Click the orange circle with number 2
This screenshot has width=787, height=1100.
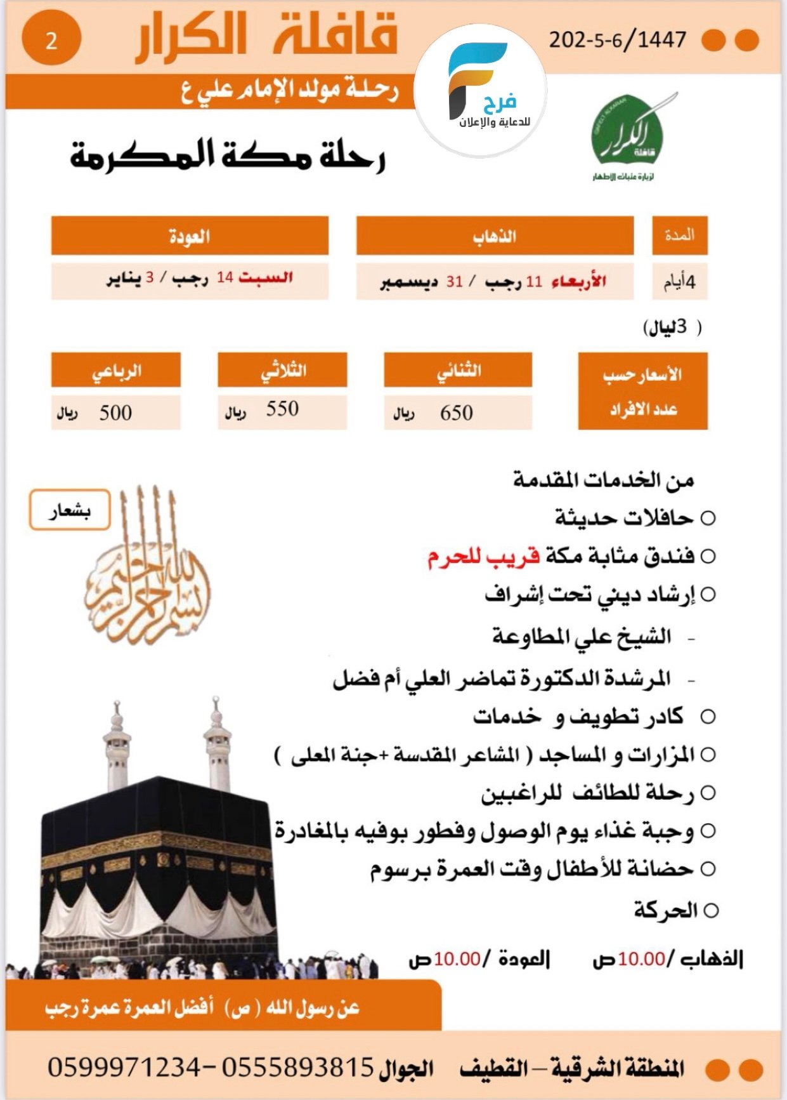(51, 40)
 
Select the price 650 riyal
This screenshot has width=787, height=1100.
(457, 413)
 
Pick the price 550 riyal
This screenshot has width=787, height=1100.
(282, 409)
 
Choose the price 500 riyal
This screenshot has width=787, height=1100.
(115, 413)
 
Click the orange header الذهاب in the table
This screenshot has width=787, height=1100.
(495, 236)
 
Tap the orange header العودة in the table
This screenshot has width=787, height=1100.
(190, 236)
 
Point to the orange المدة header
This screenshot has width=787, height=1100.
(679, 235)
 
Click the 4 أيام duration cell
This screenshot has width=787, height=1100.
(679, 281)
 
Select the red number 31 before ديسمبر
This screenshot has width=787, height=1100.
(454, 281)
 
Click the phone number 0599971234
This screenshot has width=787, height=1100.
(124, 1067)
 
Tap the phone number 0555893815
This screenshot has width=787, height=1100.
(297, 1067)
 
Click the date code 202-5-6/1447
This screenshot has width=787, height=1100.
(617, 40)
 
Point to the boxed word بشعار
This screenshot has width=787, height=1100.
(70, 510)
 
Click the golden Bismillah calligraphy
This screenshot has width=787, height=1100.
(147, 571)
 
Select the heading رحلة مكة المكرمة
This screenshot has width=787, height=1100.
(228, 156)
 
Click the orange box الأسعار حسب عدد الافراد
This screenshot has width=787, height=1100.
(642, 392)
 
